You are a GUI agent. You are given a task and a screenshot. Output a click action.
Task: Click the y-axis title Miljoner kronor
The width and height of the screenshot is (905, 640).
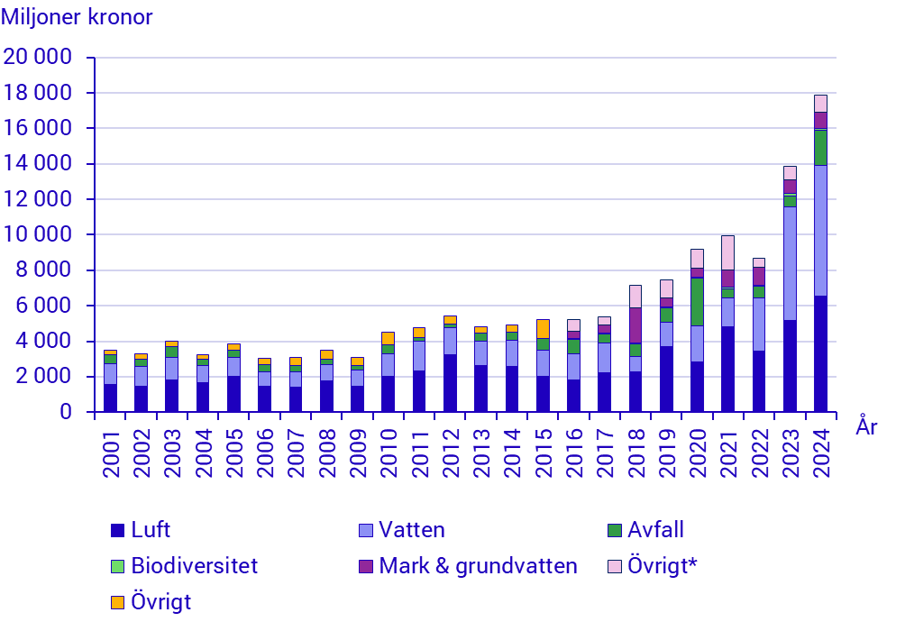click(77, 17)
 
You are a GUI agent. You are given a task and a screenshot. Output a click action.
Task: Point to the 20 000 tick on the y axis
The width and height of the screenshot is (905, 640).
click(38, 58)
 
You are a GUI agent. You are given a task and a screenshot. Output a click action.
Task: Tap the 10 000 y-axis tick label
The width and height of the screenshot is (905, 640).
click(38, 235)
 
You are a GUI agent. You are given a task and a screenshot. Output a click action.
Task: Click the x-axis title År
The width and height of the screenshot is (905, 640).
click(866, 428)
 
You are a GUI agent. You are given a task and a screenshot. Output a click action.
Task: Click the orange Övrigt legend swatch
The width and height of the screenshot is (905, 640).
click(116, 602)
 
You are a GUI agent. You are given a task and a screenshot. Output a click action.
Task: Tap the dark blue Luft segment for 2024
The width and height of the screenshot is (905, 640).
click(820, 353)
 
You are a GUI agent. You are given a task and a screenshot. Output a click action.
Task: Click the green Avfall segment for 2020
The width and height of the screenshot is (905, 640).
click(697, 301)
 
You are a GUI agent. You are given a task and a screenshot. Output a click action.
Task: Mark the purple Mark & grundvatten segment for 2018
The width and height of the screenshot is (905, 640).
click(635, 325)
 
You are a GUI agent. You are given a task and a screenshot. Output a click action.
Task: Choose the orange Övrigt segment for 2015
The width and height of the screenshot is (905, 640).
click(543, 328)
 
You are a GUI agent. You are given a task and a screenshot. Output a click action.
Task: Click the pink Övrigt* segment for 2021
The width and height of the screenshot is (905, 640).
click(727, 252)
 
